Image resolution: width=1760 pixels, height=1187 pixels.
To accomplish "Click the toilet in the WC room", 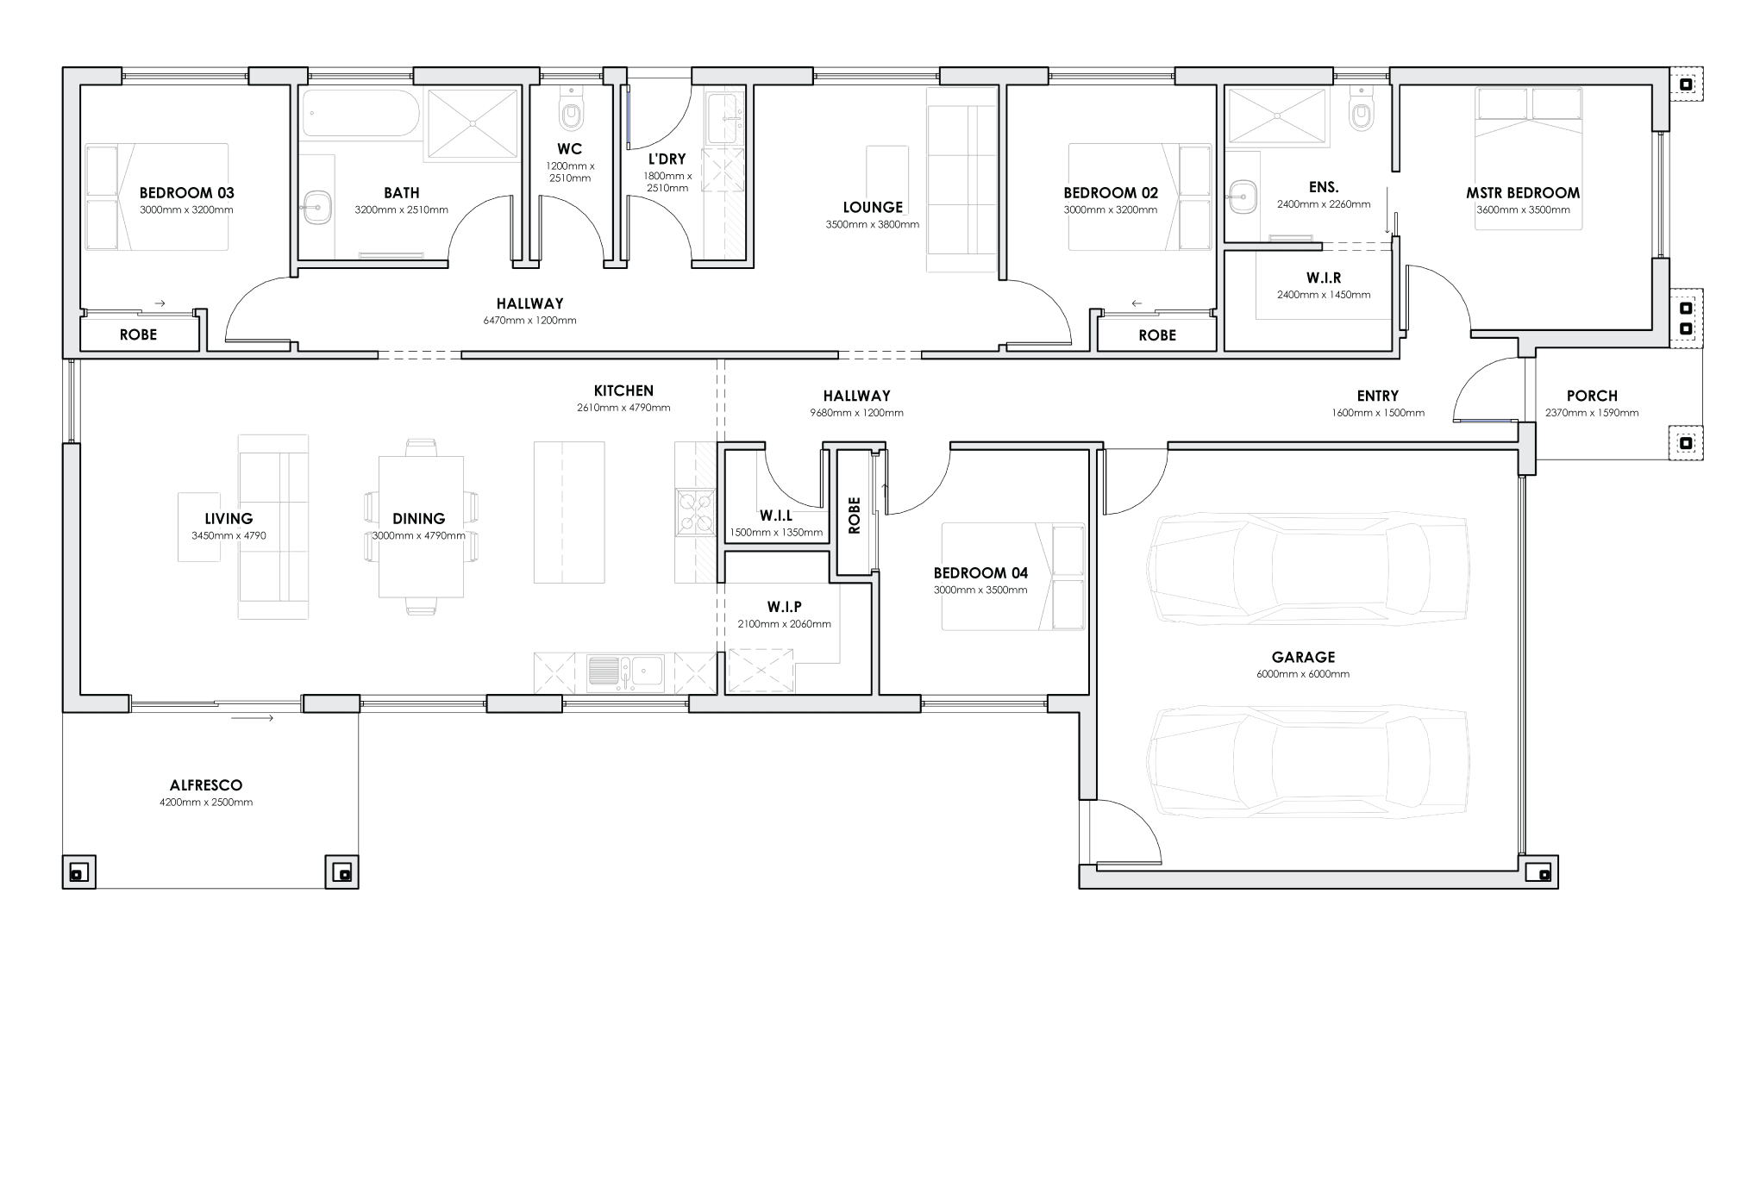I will tap(570, 110).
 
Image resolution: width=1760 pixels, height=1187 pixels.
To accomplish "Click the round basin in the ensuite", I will tap(1243, 197).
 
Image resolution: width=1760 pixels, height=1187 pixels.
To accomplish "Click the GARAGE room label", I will tap(1302, 657).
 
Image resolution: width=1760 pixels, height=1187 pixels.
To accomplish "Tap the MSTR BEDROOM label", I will tap(1523, 193).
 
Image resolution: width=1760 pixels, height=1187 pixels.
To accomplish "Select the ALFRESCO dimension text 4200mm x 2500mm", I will tap(206, 803).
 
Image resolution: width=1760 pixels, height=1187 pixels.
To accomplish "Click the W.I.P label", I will tap(784, 607).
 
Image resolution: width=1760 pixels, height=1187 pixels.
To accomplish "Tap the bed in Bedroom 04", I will tap(1013, 576).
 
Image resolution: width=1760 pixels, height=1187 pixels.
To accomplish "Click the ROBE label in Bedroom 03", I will tap(138, 334).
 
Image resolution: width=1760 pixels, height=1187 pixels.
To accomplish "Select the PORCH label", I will tap(1591, 396).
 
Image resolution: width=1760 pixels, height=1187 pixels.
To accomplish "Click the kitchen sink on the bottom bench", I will tap(626, 672).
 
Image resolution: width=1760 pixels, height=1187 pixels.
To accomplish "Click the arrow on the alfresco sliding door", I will tap(253, 718).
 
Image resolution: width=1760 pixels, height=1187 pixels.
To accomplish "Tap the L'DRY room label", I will tap(667, 159).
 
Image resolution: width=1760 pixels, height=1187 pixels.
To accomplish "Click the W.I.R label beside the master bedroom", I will tap(1323, 278).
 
